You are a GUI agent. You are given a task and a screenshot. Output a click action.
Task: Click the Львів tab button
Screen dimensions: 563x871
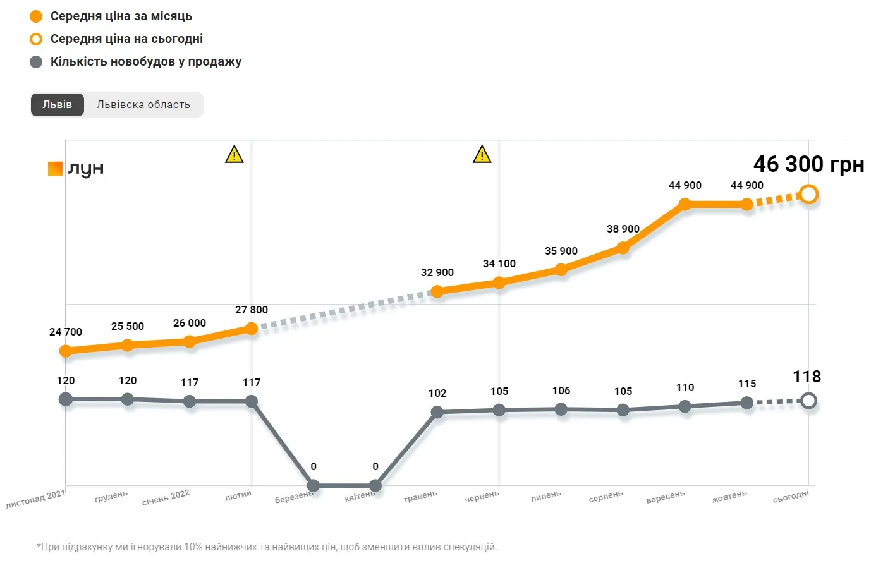[x=57, y=105]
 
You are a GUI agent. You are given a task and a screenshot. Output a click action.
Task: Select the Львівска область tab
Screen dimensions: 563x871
[x=143, y=105]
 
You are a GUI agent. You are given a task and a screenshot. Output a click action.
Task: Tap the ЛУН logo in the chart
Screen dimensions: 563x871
[x=76, y=169]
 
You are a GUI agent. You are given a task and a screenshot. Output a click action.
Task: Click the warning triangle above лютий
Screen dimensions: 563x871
[x=234, y=154]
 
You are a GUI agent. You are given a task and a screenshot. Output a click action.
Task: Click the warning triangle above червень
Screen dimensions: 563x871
[x=482, y=154]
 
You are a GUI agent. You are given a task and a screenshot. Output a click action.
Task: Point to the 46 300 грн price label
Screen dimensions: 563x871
[x=808, y=164]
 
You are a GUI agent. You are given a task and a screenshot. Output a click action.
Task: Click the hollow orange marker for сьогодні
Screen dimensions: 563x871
[x=808, y=194]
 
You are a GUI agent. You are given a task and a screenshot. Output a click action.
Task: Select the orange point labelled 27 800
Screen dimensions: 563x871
[x=251, y=329]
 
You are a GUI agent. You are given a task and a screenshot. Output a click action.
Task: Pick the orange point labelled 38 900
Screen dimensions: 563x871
[x=623, y=248]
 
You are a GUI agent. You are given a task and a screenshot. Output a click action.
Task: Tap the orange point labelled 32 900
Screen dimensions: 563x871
[x=437, y=291]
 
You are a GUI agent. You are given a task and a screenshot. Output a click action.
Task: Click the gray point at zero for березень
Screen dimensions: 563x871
[x=313, y=485]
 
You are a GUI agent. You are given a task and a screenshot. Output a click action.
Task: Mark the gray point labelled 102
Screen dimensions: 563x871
[x=437, y=412]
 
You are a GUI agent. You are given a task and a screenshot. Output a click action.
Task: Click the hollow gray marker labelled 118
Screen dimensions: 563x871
[x=808, y=400]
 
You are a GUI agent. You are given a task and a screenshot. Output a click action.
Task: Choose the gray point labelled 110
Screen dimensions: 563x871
[x=685, y=406]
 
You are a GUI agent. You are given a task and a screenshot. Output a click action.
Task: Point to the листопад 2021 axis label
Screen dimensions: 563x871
[x=35, y=499]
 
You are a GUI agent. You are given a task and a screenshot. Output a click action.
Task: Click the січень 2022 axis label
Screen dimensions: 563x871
[x=166, y=497]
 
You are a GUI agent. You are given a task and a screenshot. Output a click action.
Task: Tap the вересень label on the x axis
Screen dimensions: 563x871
[x=665, y=497]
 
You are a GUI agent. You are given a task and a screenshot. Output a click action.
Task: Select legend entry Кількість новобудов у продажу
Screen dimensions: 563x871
[x=146, y=62]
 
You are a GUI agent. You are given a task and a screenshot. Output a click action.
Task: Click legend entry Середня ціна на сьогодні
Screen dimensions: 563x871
[x=126, y=39]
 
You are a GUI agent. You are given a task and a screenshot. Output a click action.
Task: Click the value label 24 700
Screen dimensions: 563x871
[x=66, y=332]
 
